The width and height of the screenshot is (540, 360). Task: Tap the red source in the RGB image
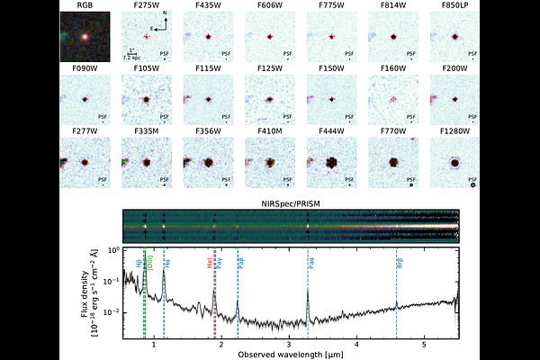(x=84, y=38)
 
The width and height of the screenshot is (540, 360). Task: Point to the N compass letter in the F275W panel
(x=165, y=15)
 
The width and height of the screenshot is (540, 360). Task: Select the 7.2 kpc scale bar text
(x=135, y=58)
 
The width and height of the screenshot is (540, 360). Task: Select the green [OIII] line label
(x=151, y=261)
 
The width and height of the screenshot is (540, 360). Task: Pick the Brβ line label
(x=400, y=263)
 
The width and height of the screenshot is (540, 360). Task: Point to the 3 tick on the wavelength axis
(x=289, y=344)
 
